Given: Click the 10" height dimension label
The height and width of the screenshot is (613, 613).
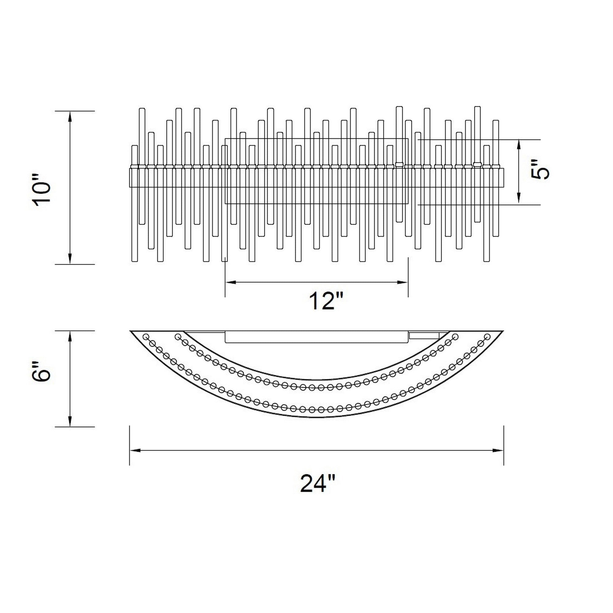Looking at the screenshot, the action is (42, 190).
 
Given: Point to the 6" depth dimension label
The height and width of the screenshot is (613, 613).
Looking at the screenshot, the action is (42, 371).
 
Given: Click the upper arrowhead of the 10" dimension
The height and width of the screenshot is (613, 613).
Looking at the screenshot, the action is (70, 116).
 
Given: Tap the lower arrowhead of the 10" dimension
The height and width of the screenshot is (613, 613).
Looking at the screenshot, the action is (70, 259).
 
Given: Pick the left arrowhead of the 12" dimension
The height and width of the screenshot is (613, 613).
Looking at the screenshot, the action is (231, 282).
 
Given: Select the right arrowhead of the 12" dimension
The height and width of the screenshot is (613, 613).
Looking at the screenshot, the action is (402, 282).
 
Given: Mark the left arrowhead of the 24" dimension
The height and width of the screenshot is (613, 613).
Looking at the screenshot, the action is (135, 450).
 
